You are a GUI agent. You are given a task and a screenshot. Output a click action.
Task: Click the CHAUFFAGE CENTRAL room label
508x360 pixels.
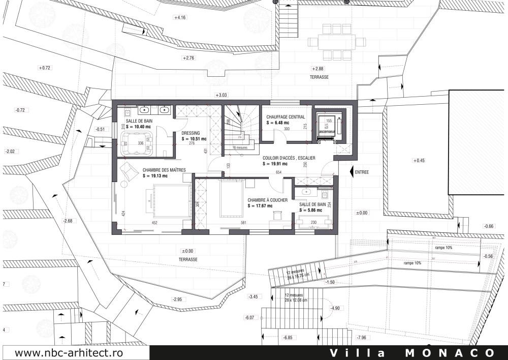pyautogui.click(x=285, y=116)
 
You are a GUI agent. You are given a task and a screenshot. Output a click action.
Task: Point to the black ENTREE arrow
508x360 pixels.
pyautogui.click(x=353, y=172)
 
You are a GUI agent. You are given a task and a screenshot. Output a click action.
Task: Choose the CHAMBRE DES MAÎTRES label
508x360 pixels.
pyautogui.click(x=149, y=170)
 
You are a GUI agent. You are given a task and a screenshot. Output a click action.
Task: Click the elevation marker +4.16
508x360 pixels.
pyautogui.click(x=180, y=17)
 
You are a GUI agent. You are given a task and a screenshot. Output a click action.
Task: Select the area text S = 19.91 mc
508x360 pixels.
pyautogui.click(x=275, y=164)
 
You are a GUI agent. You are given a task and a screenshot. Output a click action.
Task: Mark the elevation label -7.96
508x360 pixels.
pyautogui.click(x=362, y=338)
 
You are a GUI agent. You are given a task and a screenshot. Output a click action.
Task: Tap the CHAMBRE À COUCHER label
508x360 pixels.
pyautogui.click(x=268, y=200)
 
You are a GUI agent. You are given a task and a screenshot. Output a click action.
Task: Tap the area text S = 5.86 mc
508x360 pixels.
pyautogui.click(x=311, y=209)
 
